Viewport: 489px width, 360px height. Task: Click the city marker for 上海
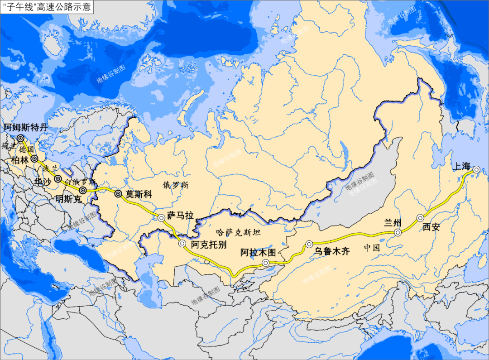click(476, 169)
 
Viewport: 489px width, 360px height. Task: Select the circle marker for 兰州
click(398, 233)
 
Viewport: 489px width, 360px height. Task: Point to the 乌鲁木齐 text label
click(332, 252)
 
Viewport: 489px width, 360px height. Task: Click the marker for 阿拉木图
click(266, 263)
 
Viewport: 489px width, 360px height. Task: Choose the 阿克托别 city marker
click(182, 244)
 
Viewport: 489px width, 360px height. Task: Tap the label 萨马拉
click(180, 216)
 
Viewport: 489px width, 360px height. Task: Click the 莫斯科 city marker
click(118, 194)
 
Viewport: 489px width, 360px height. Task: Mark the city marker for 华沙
click(58, 178)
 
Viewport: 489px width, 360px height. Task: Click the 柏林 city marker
click(34, 159)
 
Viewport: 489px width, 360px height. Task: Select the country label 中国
click(371, 248)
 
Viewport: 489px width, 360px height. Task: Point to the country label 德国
click(27, 149)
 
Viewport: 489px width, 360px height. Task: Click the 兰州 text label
click(393, 222)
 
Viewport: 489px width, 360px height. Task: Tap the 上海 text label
click(462, 166)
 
